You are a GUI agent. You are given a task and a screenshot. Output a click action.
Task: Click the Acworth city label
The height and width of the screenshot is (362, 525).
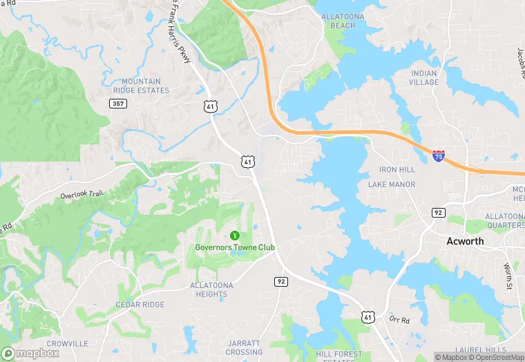pyautogui.click(x=465, y=241)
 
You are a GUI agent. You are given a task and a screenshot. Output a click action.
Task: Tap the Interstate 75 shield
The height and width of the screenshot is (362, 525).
pyautogui.click(x=439, y=157)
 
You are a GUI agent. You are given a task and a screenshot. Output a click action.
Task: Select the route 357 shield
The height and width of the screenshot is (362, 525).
pyautogui.click(x=117, y=103)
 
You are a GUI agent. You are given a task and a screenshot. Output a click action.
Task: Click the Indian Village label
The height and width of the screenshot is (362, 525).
pyautogui.click(x=424, y=77)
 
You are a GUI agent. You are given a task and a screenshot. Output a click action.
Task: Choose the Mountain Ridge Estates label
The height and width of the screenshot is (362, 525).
pyautogui.click(x=141, y=86)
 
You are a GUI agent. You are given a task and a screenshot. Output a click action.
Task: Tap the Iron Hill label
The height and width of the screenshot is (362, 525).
pyautogui.click(x=397, y=169)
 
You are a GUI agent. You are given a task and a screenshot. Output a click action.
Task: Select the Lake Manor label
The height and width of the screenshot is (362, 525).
pyautogui.click(x=392, y=184)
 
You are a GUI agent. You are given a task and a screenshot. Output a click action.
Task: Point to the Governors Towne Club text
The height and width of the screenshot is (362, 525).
pyautogui.click(x=234, y=247)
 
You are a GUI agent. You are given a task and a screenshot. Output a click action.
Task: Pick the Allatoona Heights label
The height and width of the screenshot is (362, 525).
pyautogui.click(x=211, y=289)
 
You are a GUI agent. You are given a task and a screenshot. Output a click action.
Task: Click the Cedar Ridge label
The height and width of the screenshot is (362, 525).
pyautogui.click(x=140, y=305)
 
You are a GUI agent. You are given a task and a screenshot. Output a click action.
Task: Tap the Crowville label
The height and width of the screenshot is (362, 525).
pyautogui.click(x=67, y=343)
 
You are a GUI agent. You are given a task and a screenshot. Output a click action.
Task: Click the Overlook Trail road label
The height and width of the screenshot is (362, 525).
pyautogui.click(x=82, y=195)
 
